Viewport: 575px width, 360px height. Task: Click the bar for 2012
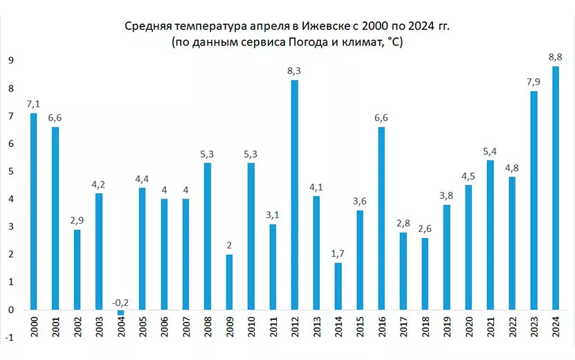click(294, 195)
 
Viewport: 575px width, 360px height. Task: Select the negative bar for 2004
click(120, 313)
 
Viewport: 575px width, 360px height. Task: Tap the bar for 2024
click(555, 188)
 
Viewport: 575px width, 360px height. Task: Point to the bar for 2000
click(33, 211)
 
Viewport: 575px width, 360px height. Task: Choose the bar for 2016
click(381, 218)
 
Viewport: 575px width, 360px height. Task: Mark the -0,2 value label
click(120, 303)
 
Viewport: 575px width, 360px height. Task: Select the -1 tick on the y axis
click(10, 337)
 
